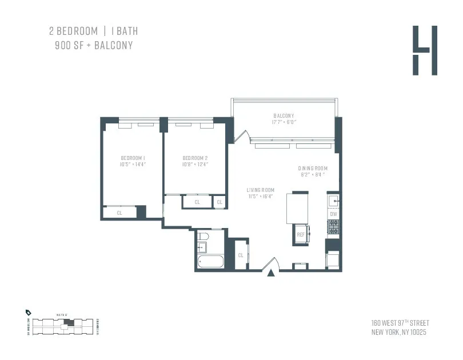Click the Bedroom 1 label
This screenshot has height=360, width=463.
pyautogui.click(x=133, y=158)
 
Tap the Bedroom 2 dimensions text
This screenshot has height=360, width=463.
pyautogui.click(x=195, y=165)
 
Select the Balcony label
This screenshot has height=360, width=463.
pyautogui.click(x=284, y=115)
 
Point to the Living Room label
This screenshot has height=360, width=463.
pyautogui.click(x=260, y=190)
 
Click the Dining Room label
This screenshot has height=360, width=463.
pyautogui.click(x=312, y=168)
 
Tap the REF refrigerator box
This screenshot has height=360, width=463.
pyautogui.click(x=301, y=234)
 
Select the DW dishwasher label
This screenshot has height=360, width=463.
pyautogui.click(x=334, y=214)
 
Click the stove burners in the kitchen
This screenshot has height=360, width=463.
pyautogui.click(x=334, y=227)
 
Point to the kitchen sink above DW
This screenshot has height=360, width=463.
pyautogui.click(x=334, y=201)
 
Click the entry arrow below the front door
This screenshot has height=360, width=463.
pyautogui.click(x=271, y=274)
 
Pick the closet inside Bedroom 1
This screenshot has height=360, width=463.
pyautogui.click(x=120, y=213)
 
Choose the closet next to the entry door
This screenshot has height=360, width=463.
pyautogui.click(x=241, y=255)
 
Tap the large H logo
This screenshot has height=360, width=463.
pyautogui.click(x=425, y=50)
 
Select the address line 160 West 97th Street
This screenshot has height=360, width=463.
pyautogui.click(x=400, y=323)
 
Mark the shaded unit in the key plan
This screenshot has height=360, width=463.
pyautogui.click(x=69, y=323)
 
